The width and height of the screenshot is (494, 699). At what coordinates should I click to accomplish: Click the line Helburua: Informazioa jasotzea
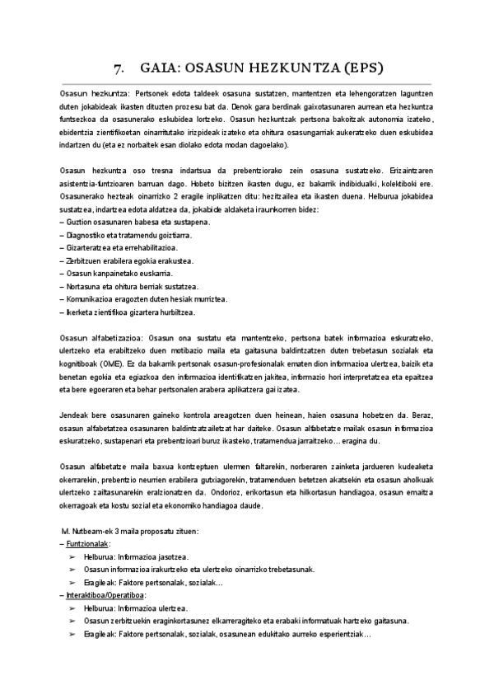[137, 557]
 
